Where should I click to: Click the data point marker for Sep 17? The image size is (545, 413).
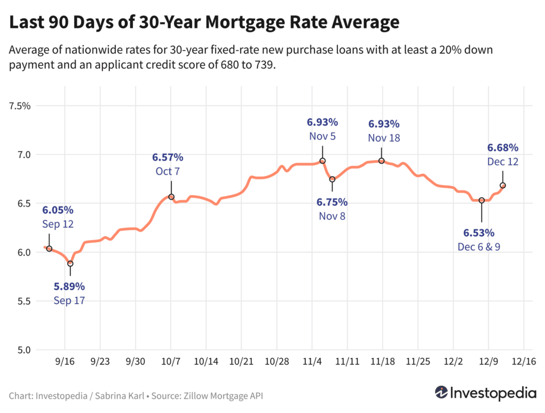70,263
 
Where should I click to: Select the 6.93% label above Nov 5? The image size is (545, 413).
322,123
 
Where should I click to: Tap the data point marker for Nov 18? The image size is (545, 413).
382,161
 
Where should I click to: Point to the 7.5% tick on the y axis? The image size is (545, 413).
20,106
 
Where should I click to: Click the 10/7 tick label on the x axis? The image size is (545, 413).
171,361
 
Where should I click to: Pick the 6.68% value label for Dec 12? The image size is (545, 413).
502,147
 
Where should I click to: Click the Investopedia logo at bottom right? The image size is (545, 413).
485,393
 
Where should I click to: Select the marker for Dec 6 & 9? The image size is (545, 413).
482,200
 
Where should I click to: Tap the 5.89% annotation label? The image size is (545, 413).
69,287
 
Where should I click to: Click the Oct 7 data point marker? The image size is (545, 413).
171,197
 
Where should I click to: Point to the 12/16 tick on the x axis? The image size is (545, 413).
524,361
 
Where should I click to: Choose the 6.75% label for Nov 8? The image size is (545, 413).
332,202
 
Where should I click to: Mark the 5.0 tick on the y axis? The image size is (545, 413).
24,350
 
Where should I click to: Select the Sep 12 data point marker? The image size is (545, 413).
49,249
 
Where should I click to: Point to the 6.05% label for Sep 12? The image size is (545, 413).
58,210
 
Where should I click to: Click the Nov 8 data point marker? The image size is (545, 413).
332,179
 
